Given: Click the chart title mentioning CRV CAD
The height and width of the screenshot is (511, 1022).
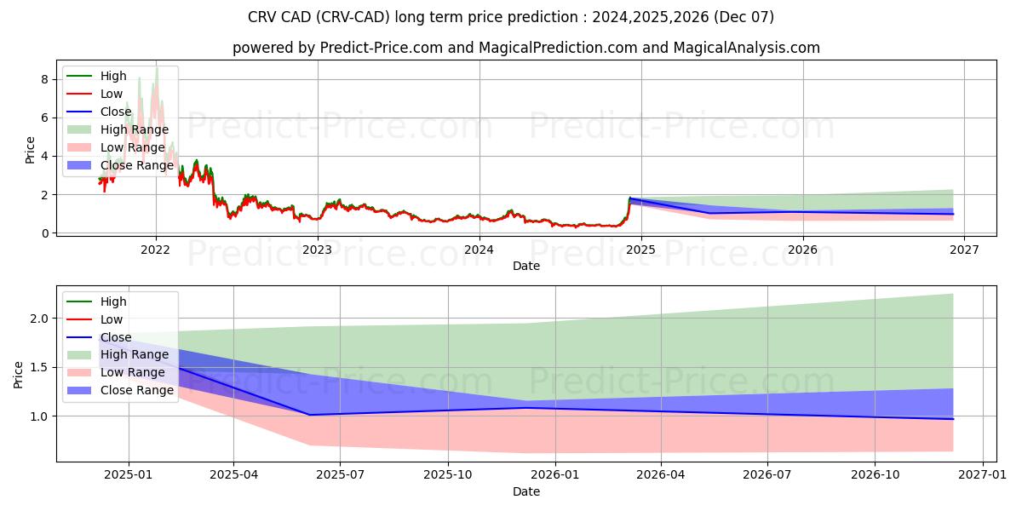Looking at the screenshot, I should (x=510, y=17).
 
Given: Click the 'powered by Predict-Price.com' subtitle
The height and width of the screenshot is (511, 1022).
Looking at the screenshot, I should (x=525, y=48).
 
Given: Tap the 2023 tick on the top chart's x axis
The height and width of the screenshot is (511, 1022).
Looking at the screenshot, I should (x=318, y=250).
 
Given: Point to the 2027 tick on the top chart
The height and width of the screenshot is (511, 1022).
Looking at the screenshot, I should (x=964, y=250).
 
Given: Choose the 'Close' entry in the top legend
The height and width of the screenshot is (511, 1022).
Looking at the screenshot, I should (x=116, y=112).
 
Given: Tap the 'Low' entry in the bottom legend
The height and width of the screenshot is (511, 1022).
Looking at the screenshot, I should (x=111, y=319).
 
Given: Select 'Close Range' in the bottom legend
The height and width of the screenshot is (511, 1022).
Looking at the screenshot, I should (x=136, y=391).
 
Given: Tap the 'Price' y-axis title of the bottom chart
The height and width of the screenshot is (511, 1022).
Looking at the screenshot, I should (x=19, y=373).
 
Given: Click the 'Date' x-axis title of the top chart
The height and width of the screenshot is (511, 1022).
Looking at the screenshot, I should (x=525, y=266).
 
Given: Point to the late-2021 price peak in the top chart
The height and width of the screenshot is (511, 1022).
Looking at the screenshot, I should (x=157, y=68).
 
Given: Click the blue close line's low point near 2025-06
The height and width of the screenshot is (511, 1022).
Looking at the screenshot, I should (x=307, y=415).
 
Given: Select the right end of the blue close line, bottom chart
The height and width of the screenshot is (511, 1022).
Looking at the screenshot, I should (x=953, y=419).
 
